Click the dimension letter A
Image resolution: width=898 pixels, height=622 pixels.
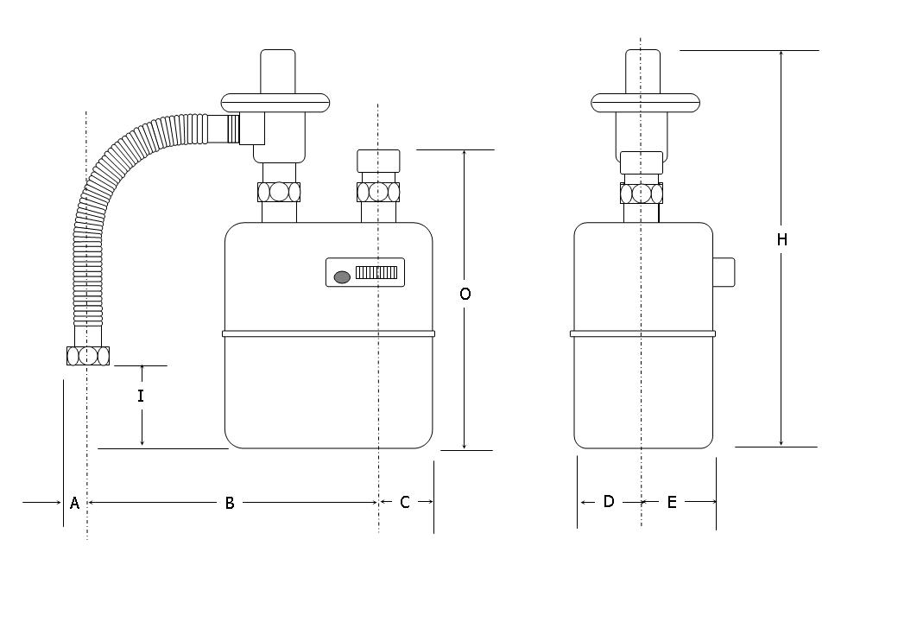74,503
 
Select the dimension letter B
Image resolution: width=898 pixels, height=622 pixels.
230,503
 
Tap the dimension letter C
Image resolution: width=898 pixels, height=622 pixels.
405,502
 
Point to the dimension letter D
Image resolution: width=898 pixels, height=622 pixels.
609,501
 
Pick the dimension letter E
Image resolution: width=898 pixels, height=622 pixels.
672,501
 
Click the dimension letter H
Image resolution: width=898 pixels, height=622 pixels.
781,239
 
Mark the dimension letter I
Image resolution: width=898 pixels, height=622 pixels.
141,397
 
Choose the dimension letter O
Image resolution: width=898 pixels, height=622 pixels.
465,294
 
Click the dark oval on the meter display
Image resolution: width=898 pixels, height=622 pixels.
341,276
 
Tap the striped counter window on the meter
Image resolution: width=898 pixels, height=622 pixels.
376,273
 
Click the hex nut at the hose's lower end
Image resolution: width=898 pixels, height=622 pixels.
87,355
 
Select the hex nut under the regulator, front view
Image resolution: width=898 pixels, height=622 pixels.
279,191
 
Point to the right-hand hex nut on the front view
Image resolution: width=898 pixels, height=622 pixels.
378,191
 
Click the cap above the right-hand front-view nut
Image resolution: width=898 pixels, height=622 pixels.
378,162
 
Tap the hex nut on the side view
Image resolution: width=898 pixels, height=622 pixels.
641,193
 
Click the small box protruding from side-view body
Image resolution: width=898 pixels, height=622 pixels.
724,272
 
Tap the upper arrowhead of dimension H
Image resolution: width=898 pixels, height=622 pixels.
781,54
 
